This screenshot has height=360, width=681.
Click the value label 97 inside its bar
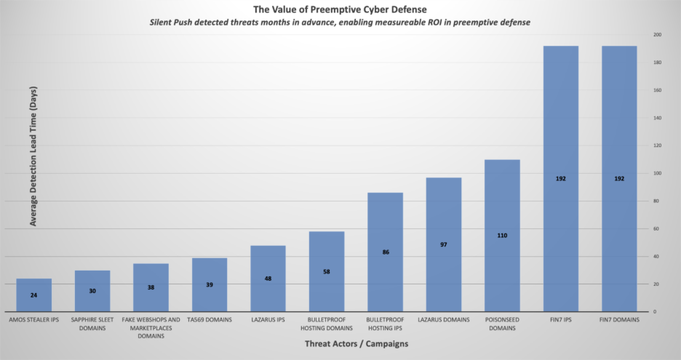[x=444, y=244]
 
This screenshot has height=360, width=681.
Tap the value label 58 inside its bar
[x=327, y=271]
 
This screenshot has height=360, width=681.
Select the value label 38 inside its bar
[x=151, y=287]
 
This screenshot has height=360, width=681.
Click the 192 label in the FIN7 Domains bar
[x=619, y=178]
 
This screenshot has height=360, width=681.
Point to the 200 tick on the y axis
[x=657, y=35]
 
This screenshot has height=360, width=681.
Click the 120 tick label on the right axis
[x=657, y=145]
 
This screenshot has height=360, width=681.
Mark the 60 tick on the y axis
[x=656, y=228]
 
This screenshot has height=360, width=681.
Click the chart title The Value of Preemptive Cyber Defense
[x=340, y=9]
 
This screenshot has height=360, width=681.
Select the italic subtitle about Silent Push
[x=340, y=23]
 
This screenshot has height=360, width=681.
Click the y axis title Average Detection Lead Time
[x=33, y=156]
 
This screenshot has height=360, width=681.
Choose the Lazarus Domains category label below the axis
[x=444, y=319]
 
